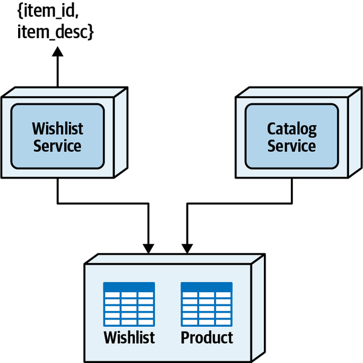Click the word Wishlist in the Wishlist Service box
[57, 129]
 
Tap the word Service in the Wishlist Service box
[57, 146]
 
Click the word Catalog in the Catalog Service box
[292, 129]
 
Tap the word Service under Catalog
[292, 146]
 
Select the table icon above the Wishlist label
[129, 304]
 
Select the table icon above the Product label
[206, 304]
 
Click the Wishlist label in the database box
[129, 337]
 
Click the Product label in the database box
[207, 337]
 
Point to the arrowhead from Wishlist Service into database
[148, 248]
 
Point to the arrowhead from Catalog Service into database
[188, 248]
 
